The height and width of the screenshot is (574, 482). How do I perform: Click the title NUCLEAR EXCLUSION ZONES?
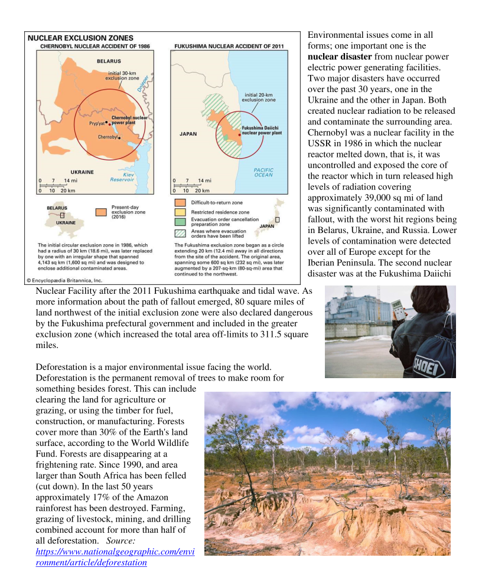point(81,37)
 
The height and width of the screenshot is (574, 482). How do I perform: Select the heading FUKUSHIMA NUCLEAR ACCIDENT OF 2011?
point(229,45)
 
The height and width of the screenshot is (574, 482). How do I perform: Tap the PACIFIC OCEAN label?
point(263,172)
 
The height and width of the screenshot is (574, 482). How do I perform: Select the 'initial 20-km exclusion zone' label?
point(258,97)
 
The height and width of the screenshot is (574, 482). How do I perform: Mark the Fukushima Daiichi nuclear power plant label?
point(262,130)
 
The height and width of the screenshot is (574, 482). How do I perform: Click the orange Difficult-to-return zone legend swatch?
point(180,203)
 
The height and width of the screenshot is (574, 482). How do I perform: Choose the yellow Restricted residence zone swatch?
point(180,212)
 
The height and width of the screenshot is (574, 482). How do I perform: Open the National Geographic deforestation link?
point(115,557)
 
